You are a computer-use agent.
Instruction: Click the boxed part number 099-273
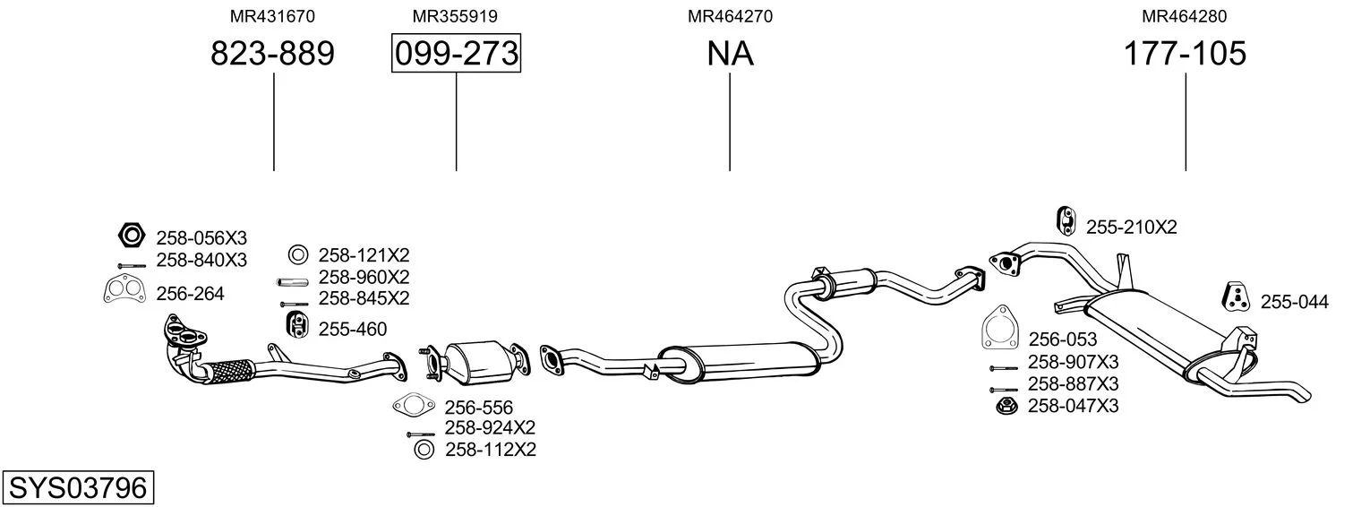457,53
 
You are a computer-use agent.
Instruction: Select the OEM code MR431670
272,16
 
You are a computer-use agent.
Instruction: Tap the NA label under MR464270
730,53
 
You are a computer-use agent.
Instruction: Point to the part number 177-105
1185,53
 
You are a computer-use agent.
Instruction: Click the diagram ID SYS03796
78,487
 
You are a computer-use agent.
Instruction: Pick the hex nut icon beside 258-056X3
131,235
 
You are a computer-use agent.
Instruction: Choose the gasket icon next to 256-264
124,291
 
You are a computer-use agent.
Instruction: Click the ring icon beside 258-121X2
298,254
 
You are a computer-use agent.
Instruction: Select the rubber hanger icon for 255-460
297,324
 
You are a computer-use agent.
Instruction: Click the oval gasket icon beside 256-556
414,404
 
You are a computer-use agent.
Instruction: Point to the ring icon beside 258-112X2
424,450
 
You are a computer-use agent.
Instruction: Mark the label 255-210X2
1132,228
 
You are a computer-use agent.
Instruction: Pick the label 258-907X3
1073,363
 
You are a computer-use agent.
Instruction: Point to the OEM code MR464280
1184,16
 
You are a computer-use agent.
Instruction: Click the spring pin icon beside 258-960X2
292,282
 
